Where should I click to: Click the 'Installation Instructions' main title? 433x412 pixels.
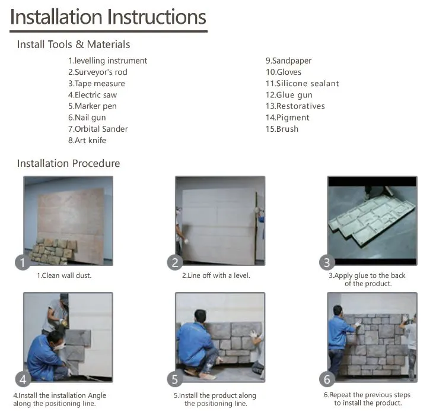point(108,17)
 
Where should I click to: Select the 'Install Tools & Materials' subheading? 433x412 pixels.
point(74,45)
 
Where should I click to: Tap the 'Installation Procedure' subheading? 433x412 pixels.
point(68,163)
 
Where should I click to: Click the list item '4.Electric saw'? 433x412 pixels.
point(93,95)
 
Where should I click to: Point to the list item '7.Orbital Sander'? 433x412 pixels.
point(98,129)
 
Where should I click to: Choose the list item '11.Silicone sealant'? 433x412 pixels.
point(302,84)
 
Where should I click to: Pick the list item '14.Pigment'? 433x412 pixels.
point(288,118)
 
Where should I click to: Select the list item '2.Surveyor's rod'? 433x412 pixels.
point(98,72)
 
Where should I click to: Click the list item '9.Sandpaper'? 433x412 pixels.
point(289,61)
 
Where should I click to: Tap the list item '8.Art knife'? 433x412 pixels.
point(87,140)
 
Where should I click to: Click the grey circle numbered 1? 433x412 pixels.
point(23,262)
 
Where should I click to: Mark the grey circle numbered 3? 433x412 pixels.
point(327,262)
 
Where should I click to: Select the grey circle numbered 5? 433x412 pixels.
point(175,379)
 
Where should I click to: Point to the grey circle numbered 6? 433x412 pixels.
point(327,379)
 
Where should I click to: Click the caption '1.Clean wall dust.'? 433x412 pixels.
point(64,275)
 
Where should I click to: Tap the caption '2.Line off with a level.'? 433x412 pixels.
point(216,275)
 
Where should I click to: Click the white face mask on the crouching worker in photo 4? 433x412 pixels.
point(60,346)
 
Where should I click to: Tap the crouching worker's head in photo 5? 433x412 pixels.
point(200,316)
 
